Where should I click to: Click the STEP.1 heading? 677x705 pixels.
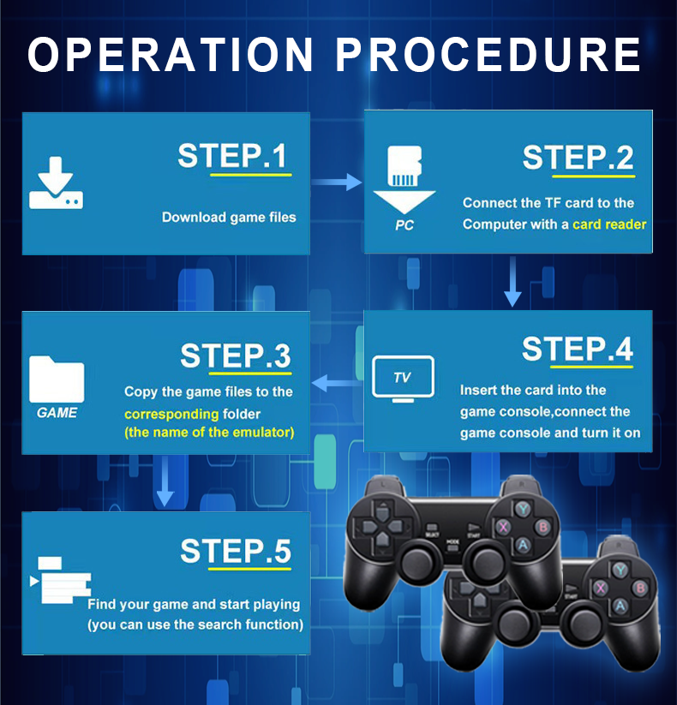pyautogui.click(x=232, y=157)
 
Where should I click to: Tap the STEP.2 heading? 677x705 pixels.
pyautogui.click(x=578, y=158)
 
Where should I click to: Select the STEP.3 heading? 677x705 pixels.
pyautogui.click(x=236, y=356)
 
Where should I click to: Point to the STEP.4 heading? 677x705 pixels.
pyautogui.click(x=578, y=350)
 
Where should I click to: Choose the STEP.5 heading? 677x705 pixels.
pyautogui.click(x=236, y=553)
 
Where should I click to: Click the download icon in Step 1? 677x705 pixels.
pyautogui.click(x=56, y=183)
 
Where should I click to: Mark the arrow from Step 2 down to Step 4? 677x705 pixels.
pyautogui.click(x=512, y=283)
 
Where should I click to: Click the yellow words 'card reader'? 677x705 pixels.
pyautogui.click(x=609, y=224)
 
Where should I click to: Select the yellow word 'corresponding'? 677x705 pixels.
pyautogui.click(x=171, y=414)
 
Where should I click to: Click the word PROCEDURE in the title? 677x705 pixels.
pyautogui.click(x=488, y=54)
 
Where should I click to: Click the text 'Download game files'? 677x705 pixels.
pyautogui.click(x=229, y=218)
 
